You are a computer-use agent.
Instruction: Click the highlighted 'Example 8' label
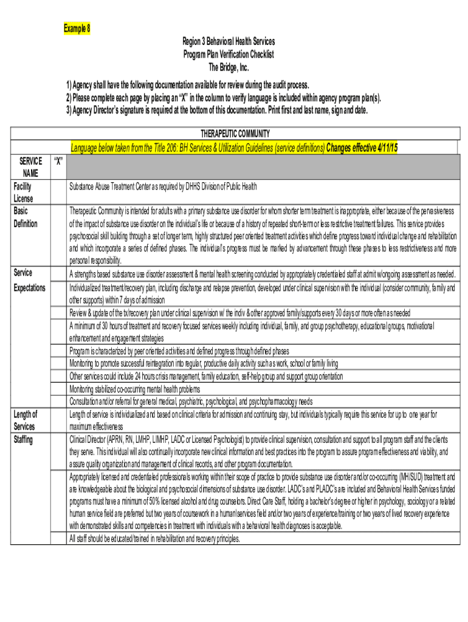click(x=77, y=29)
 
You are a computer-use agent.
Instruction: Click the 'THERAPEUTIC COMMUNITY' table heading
click(x=235, y=134)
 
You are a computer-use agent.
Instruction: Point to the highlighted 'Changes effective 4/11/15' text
click(x=362, y=148)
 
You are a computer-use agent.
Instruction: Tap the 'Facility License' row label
click(x=25, y=193)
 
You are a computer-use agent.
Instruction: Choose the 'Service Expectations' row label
click(x=29, y=281)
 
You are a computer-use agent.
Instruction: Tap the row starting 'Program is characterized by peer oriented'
click(x=179, y=351)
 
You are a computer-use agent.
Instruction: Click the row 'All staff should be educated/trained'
click(x=154, y=539)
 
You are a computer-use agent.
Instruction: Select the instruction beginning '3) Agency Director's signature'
click(x=216, y=111)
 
